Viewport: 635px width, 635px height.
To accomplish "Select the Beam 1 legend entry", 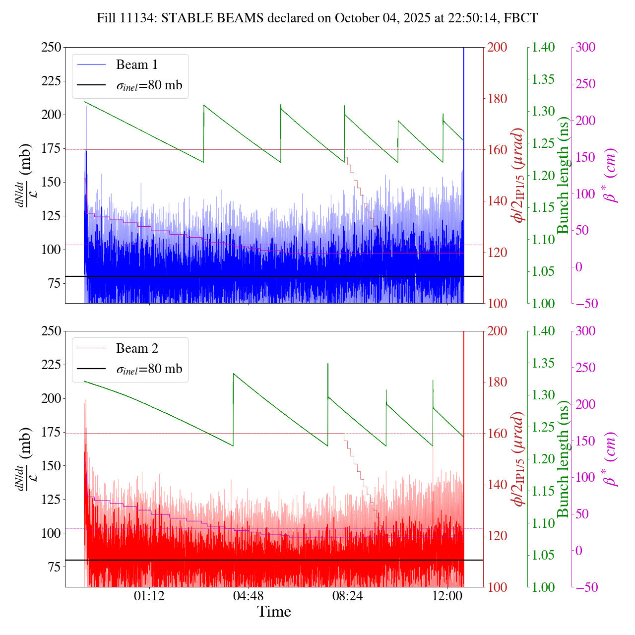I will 136,65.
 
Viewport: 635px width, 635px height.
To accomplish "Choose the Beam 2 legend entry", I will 137,349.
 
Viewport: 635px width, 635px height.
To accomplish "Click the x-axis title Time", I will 274,612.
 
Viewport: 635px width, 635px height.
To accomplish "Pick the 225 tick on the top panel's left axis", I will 51,81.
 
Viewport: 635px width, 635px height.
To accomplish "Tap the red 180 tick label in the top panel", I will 498,99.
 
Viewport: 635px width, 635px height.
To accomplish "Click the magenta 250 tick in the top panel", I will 586,84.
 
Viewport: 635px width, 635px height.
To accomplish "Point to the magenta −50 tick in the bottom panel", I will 585,587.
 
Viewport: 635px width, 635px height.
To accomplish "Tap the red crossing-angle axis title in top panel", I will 519,175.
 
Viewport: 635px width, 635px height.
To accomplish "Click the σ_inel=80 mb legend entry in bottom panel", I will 149,369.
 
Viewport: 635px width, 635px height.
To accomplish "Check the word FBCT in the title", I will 520,18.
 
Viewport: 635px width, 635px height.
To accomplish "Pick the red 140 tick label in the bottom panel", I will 498,485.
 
